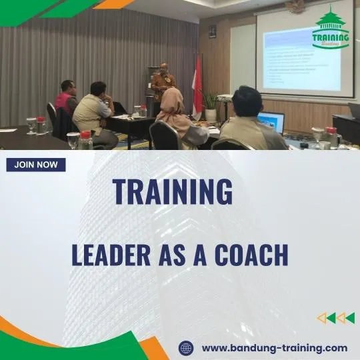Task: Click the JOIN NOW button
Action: pyautogui.click(x=36, y=165)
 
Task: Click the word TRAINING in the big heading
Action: pyautogui.click(x=173, y=192)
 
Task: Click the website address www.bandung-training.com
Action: pyautogui.click(x=274, y=348)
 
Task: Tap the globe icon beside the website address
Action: pyautogui.click(x=186, y=348)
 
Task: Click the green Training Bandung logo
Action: pyautogui.click(x=331, y=29)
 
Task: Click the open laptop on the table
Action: pyautogui.click(x=271, y=121)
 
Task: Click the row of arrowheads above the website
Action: pyautogui.click(x=335, y=318)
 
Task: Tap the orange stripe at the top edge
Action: pyautogui.click(x=113, y=4)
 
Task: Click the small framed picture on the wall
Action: pyautogui.click(x=212, y=31)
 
